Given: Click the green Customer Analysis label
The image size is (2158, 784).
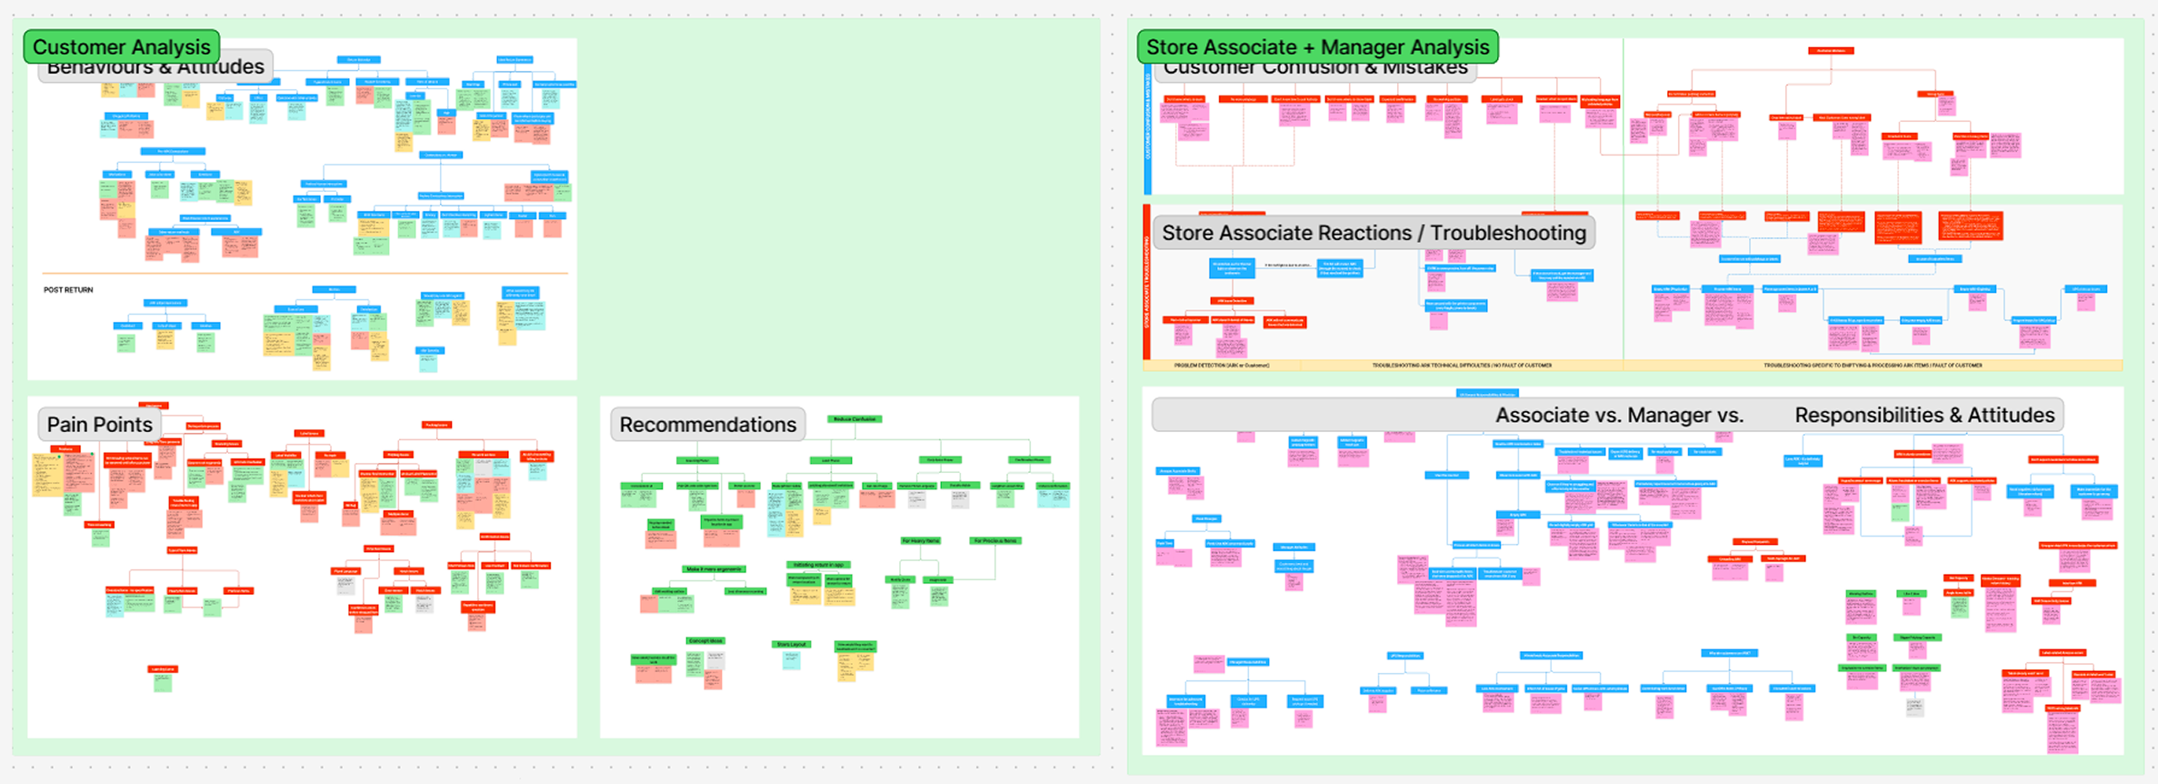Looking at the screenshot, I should pyautogui.click(x=121, y=47).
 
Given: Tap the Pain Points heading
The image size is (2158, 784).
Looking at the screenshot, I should pyautogui.click(x=99, y=425).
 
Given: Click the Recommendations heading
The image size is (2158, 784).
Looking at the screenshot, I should pyautogui.click(x=707, y=425).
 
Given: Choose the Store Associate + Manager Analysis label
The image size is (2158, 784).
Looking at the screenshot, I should pyautogui.click(x=1317, y=47).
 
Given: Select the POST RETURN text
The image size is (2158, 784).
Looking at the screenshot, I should pyautogui.click(x=68, y=290).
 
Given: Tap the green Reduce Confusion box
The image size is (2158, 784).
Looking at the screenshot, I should pyautogui.click(x=854, y=419).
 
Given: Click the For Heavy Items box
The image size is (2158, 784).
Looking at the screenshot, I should pyautogui.click(x=920, y=541).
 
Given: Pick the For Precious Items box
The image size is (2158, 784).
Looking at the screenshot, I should pyautogui.click(x=995, y=541).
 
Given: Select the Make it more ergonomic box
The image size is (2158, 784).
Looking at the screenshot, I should pyautogui.click(x=714, y=569).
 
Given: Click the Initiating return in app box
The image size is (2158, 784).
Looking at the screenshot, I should pyautogui.click(x=818, y=565).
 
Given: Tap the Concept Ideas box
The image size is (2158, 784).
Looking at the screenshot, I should pyautogui.click(x=705, y=641).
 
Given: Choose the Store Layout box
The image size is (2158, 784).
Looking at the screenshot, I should pyautogui.click(x=791, y=644).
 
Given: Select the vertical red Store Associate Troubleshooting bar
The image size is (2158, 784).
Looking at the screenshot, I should pyautogui.click(x=1147, y=282).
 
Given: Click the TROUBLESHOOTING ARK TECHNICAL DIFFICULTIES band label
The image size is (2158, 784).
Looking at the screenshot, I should pyautogui.click(x=1461, y=366).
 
